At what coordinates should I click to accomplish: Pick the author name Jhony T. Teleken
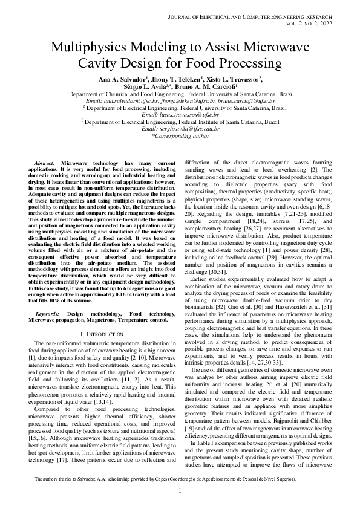pyautogui.click(x=174, y=79)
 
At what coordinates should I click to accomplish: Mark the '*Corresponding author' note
pyautogui.click(x=180, y=137)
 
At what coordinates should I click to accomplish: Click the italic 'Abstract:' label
pyautogui.click(x=47, y=164)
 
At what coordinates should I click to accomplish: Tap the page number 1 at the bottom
pyautogui.click(x=180, y=490)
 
